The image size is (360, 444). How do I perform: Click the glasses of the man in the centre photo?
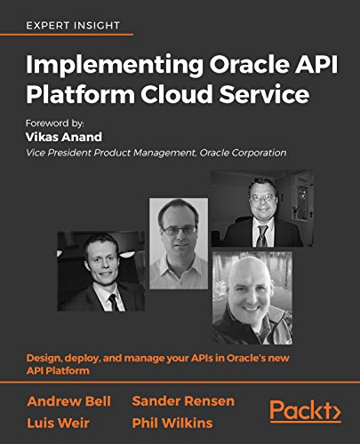pos(180,228)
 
